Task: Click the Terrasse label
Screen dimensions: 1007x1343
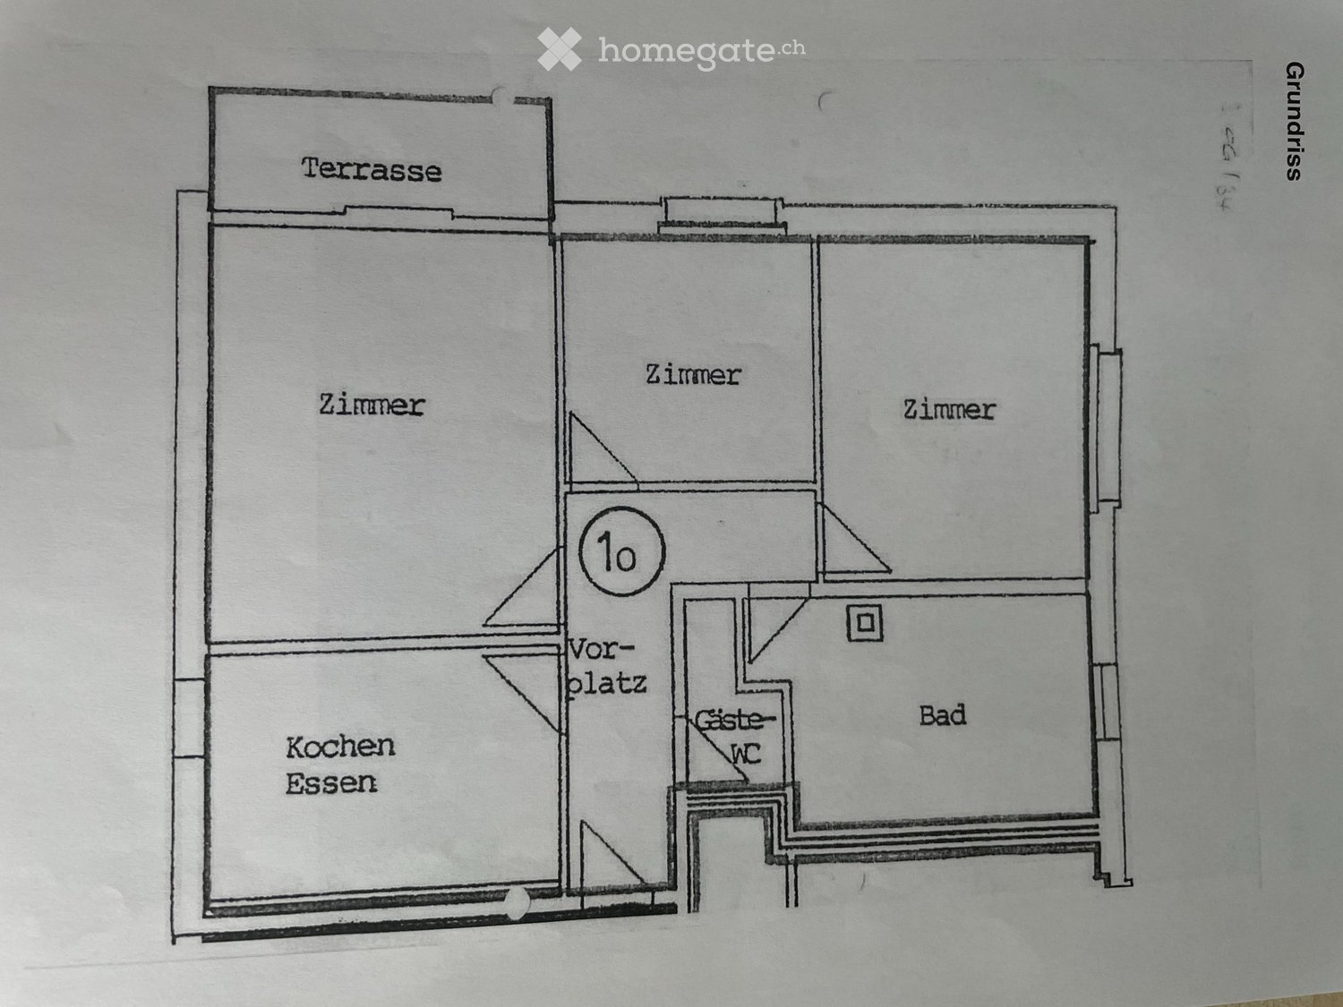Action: pos(372,169)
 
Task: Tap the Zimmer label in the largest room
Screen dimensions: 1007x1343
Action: pos(372,405)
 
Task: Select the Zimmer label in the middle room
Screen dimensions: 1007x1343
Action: pos(693,374)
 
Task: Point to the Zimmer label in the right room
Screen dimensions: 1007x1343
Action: pos(949,410)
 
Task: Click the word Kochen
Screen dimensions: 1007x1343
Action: pos(340,747)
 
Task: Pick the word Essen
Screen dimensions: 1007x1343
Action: pos(331,783)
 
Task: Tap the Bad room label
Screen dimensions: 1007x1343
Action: pos(943,715)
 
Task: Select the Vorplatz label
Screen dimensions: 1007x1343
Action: pos(607,667)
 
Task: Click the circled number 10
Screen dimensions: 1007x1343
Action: pos(620,552)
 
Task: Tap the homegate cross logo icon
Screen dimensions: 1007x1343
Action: pos(560,49)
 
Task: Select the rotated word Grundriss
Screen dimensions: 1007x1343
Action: pos(1293,121)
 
